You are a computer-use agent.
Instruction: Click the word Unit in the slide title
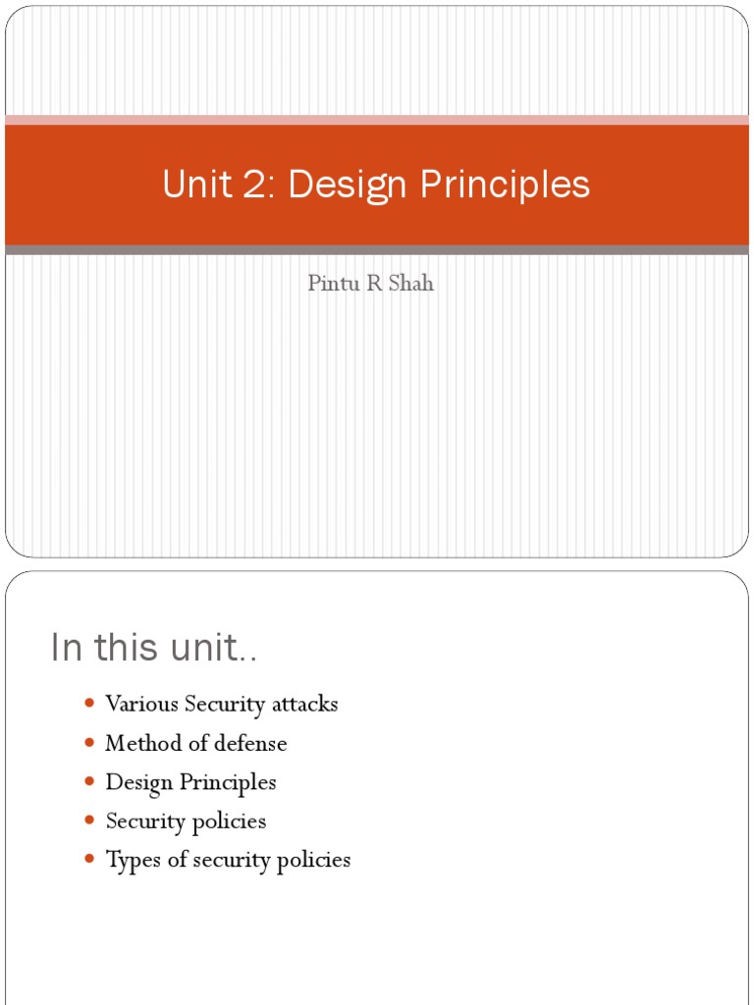pyautogui.click(x=194, y=185)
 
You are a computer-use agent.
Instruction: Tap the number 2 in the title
pyautogui.click(x=257, y=185)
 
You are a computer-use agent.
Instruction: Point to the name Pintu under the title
pyautogui.click(x=330, y=284)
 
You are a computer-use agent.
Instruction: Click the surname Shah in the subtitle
pyautogui.click(x=412, y=284)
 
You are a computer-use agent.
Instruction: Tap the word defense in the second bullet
pyautogui.click(x=253, y=743)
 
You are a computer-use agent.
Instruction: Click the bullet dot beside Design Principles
pyautogui.click(x=89, y=782)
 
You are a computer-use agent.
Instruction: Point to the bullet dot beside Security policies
pyautogui.click(x=89, y=820)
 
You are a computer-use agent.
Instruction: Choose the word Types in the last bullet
pyautogui.click(x=132, y=861)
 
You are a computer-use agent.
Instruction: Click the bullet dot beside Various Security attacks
pyautogui.click(x=89, y=704)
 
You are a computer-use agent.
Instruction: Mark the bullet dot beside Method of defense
pyautogui.click(x=89, y=743)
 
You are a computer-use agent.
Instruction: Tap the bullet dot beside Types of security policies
pyautogui.click(x=89, y=860)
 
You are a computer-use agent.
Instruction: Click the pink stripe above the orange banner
pyautogui.click(x=377, y=120)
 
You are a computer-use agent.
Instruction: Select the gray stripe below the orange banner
pyautogui.click(x=377, y=250)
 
